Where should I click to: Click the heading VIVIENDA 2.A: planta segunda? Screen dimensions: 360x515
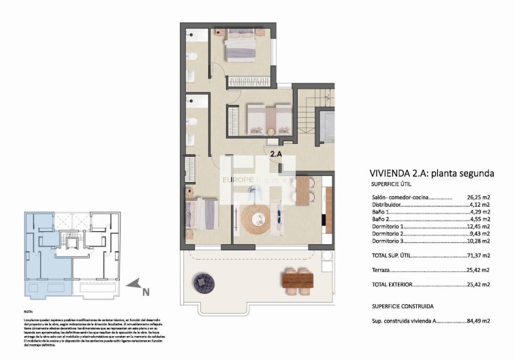pos(431,173)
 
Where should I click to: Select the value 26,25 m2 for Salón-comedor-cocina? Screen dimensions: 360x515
pos(479,198)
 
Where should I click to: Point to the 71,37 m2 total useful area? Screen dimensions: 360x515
pos(478,256)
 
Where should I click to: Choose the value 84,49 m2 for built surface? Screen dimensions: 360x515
pos(478,320)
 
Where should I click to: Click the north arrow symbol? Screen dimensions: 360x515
pos(136,284)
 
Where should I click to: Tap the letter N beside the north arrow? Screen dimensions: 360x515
pos(145,293)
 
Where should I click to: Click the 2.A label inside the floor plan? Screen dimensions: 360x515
pos(276,154)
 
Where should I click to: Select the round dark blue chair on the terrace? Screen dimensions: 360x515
pos(204,280)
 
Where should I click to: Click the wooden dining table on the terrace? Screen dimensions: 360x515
pos(297,280)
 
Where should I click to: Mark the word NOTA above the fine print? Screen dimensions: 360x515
pos(28,311)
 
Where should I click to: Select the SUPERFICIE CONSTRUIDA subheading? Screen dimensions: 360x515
pos(403,307)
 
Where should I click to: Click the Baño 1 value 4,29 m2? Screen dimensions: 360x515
pos(480,213)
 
